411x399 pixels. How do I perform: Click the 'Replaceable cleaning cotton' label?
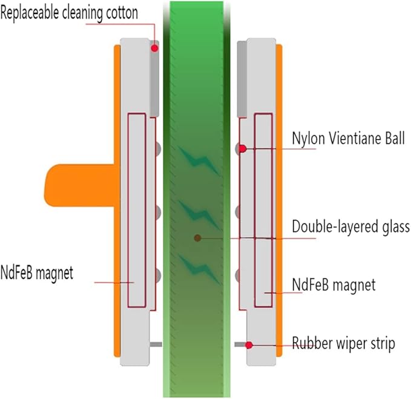coord(69,13)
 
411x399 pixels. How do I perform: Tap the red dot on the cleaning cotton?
coord(154,48)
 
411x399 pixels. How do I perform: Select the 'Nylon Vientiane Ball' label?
coord(349,138)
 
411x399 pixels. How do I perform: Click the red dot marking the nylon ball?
coord(243,149)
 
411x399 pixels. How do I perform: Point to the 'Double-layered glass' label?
coord(350,226)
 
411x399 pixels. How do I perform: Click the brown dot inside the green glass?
coord(197,238)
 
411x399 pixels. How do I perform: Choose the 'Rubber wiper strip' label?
coord(343,343)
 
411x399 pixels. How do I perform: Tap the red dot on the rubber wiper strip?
coord(249,345)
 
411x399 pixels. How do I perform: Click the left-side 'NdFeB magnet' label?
coord(37,273)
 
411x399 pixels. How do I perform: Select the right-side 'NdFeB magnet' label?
coord(334,285)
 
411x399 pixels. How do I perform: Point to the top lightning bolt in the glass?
coord(199,161)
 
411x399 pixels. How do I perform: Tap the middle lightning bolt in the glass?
coord(199,215)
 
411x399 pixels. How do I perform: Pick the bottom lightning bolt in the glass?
coord(199,270)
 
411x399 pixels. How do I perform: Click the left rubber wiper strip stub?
coord(156,345)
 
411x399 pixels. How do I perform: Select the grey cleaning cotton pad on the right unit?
coord(242,79)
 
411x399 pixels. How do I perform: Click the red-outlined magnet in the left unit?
coord(137,210)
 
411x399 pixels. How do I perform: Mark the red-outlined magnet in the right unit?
coord(263,210)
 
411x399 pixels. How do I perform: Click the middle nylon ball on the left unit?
coord(157,212)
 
